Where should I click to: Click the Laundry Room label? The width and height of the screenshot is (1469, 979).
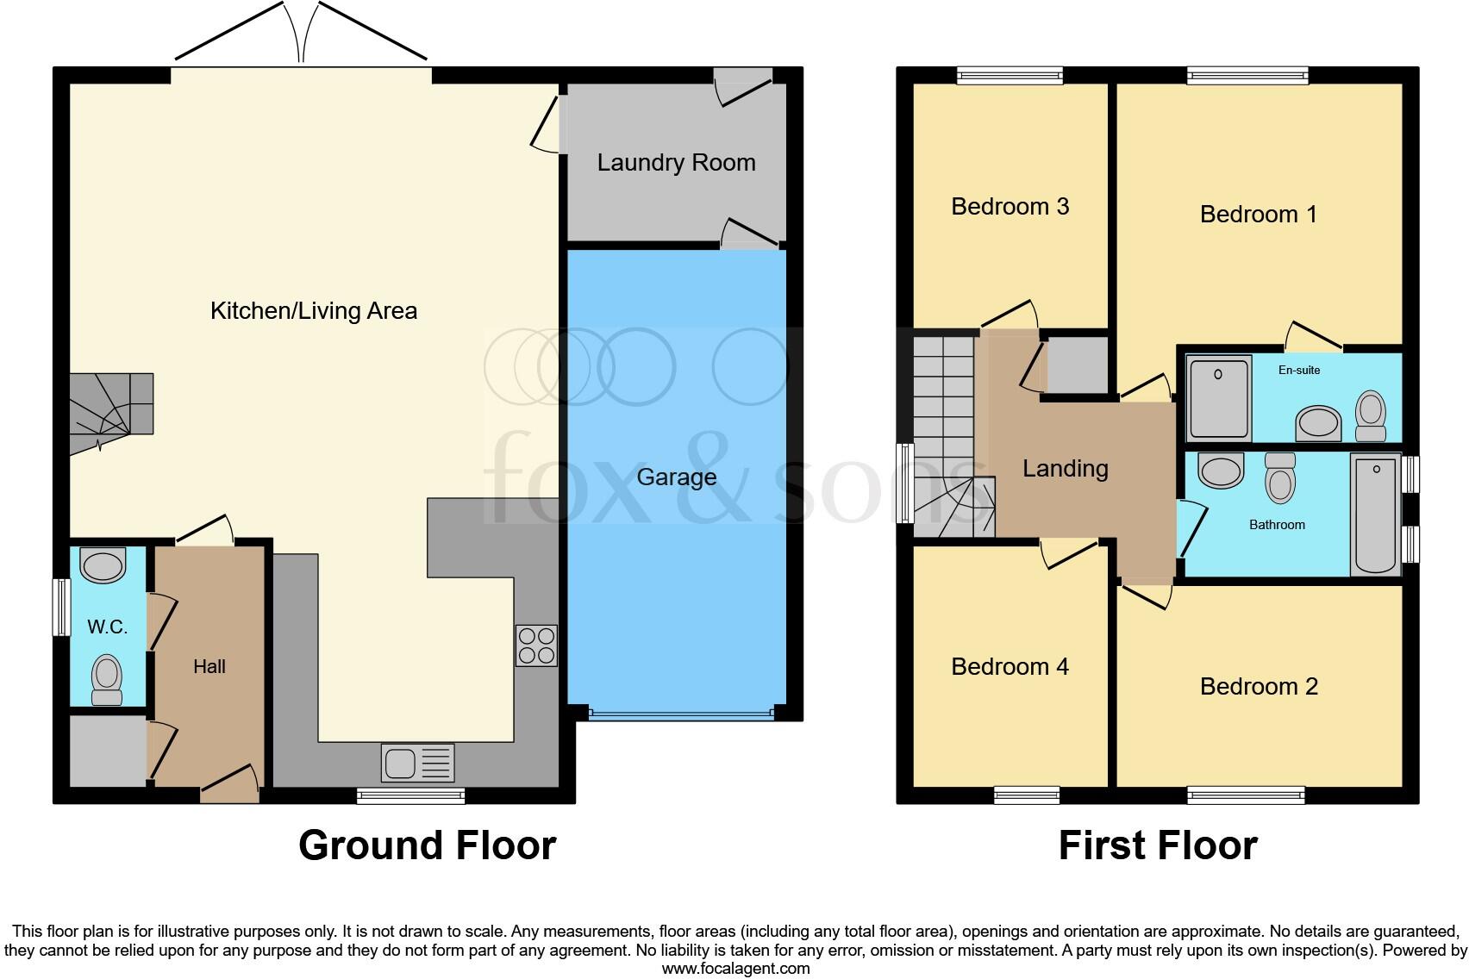[x=676, y=162]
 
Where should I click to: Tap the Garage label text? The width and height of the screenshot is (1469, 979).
[x=676, y=477]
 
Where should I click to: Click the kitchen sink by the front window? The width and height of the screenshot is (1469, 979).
[x=417, y=763]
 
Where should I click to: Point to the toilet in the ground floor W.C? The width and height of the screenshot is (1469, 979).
[x=107, y=680]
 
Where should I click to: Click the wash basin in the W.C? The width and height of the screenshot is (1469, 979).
[x=103, y=565]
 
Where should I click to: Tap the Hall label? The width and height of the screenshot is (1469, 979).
[x=209, y=666]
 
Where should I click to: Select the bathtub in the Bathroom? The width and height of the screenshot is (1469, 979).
[x=1376, y=514]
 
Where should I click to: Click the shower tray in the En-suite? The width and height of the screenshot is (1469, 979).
[x=1219, y=397]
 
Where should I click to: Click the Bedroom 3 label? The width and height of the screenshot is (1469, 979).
[x=1010, y=206]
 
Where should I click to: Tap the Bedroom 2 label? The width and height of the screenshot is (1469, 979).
[x=1259, y=686]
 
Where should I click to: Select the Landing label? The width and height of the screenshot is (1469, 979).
[x=1065, y=468]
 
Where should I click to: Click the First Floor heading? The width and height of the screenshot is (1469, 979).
[x=1157, y=845]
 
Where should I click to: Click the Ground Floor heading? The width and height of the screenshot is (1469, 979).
[x=427, y=845]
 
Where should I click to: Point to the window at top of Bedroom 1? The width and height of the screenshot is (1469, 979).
[x=1247, y=76]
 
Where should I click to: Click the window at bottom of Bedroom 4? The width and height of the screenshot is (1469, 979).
[x=1026, y=795]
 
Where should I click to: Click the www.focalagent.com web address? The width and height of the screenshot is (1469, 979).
[x=735, y=969]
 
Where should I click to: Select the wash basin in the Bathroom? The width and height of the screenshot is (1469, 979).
[x=1221, y=471]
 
